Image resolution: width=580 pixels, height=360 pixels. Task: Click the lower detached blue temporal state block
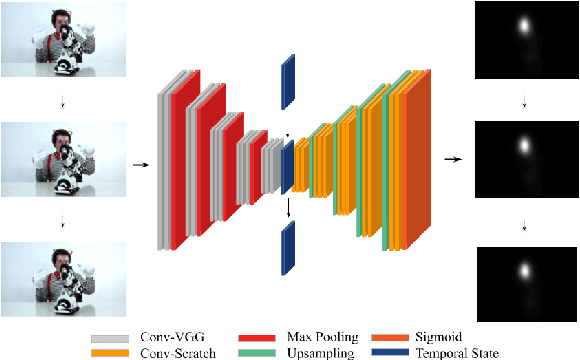288,246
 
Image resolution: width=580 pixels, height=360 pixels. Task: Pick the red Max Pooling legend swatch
254,337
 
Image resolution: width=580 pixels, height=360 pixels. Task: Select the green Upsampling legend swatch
254,352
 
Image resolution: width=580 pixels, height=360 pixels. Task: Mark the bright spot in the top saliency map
522,27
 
